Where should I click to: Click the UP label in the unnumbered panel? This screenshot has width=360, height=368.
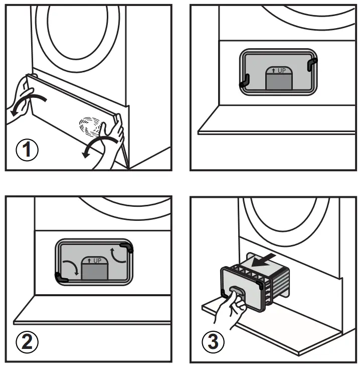tap(278, 70)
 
